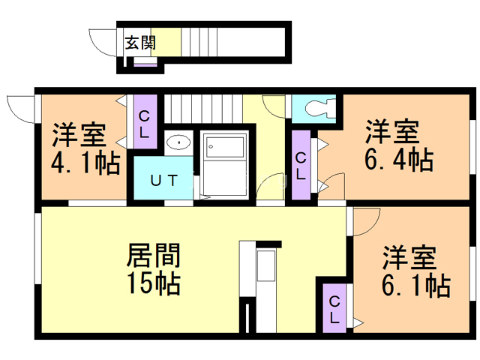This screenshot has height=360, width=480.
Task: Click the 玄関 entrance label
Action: coord(140,42)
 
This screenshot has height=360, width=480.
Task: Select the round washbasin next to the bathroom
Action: coord(178,142)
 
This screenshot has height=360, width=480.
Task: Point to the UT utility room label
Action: coord(163,180)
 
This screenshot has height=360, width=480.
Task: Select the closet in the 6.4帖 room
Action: coord(300,165)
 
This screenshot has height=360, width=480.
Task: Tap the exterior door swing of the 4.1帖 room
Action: coord(19,109)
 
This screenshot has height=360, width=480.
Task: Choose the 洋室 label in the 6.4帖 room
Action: coord(391,132)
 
